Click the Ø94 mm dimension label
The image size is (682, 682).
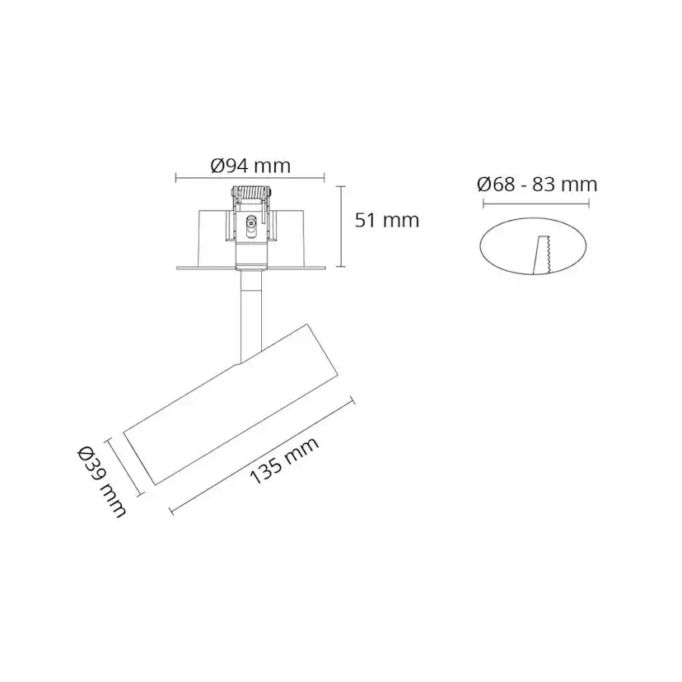point(250,166)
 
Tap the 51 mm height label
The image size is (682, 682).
point(386,220)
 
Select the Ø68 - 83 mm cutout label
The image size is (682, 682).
point(537,184)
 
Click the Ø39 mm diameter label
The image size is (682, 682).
point(102,482)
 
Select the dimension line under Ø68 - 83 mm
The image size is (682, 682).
point(537,200)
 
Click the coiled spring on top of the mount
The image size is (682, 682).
point(251,196)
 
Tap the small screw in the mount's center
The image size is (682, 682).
point(251,222)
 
